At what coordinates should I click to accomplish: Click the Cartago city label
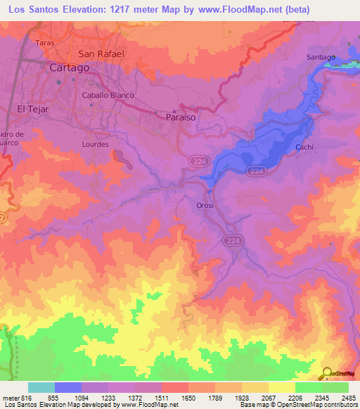[x=70, y=67]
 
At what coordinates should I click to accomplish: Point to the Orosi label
[x=205, y=205]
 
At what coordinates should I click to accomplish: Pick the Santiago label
[x=321, y=57]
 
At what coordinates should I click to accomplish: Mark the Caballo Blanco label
[x=108, y=95]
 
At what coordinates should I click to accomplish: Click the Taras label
[x=45, y=42]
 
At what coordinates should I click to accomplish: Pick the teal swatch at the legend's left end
[x=41, y=387]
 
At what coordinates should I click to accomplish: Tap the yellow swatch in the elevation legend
[x=281, y=387]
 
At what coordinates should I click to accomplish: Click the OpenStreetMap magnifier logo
[x=326, y=372]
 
